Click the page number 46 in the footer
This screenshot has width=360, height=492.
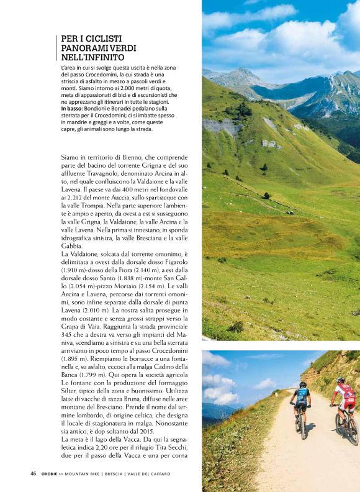[x=34, y=473]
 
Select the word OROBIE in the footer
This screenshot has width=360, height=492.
[x=51, y=473]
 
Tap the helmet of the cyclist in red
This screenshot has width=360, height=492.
[x=340, y=380]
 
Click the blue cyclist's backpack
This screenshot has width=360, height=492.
[x=302, y=394]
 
